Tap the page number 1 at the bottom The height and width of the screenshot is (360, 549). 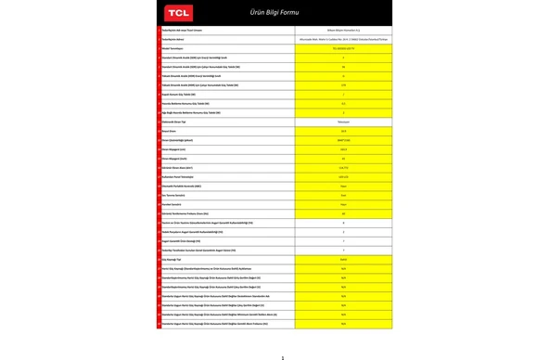[283, 356]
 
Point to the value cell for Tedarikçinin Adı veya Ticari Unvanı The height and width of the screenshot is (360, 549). [343, 31]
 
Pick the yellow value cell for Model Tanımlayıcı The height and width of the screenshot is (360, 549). [343, 49]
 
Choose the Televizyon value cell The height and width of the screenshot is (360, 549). [343, 121]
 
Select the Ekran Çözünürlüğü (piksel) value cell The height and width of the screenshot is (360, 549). [343, 139]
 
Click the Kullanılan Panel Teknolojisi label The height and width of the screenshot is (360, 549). [186, 175]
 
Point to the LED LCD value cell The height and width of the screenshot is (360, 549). [343, 175]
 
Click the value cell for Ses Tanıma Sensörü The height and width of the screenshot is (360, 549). [343, 194]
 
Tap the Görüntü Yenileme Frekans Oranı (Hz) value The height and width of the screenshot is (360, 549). [343, 212]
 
